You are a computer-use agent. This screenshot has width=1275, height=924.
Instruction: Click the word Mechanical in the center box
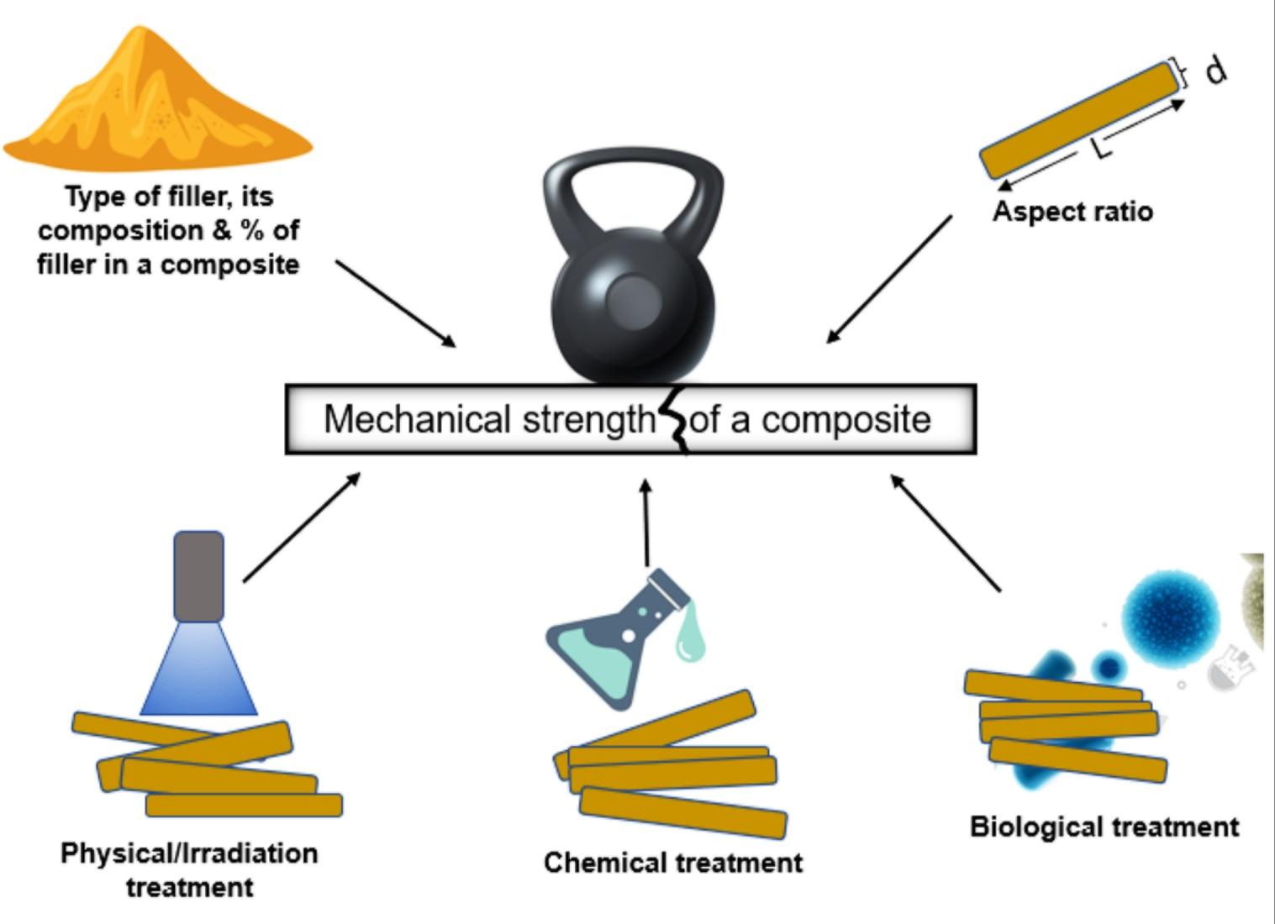(417, 419)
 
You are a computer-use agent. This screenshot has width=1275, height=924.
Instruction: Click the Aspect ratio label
(1072, 211)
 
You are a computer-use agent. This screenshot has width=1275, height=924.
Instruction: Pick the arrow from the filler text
(395, 303)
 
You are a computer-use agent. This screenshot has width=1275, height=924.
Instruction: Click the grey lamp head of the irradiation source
(199, 576)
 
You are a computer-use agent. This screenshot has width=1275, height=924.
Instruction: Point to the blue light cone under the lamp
(199, 672)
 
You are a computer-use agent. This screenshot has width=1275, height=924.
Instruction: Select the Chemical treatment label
(672, 863)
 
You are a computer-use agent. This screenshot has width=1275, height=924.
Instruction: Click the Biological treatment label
(1104, 827)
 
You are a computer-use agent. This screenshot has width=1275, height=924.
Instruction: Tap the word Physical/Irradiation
(189, 853)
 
